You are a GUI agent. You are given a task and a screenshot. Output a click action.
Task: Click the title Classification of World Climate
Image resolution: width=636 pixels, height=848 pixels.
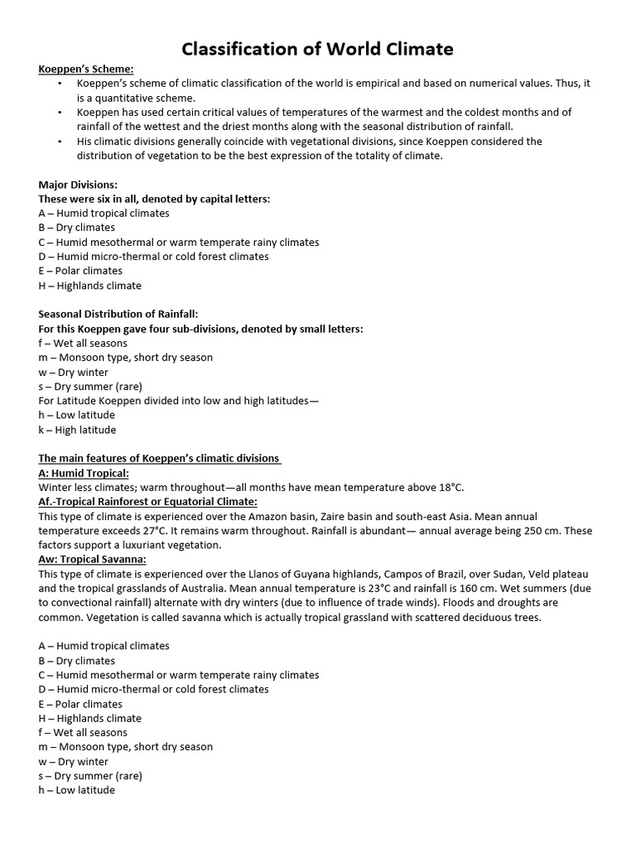pyautogui.click(x=318, y=49)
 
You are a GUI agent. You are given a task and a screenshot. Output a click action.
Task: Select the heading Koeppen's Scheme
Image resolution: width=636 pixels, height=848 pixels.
pyautogui.click(x=86, y=69)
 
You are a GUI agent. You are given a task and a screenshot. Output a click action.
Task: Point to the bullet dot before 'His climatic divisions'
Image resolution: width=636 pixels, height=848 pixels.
pyautogui.click(x=60, y=141)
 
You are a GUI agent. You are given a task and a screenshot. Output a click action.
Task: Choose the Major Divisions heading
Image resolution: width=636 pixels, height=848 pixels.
pyautogui.click(x=78, y=184)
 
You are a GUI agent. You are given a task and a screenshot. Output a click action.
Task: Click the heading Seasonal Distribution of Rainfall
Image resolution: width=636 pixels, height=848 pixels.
pyautogui.click(x=118, y=314)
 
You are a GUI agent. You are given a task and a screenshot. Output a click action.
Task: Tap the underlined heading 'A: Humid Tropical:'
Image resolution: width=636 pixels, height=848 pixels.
pyautogui.click(x=84, y=473)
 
